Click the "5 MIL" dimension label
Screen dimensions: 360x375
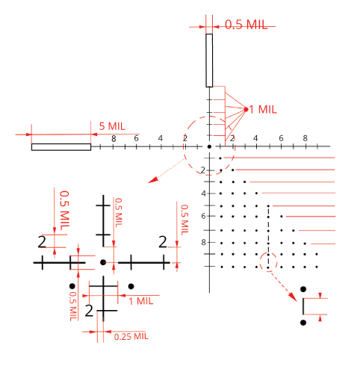click(112, 126)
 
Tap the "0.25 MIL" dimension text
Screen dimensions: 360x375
click(131, 337)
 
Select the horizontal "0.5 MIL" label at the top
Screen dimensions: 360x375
click(246, 25)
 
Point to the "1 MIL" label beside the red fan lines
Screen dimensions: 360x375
click(263, 109)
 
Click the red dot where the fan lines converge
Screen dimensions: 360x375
click(246, 109)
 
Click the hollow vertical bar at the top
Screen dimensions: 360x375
click(209, 61)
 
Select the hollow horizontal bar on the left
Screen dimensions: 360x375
click(61, 147)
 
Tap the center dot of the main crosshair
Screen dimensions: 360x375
click(209, 146)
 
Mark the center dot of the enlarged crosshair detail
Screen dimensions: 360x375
click(103, 262)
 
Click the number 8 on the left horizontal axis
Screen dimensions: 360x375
click(114, 139)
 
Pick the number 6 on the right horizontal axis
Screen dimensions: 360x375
click(281, 138)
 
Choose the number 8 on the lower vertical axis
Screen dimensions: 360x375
click(203, 242)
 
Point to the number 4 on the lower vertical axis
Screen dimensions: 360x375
click(204, 193)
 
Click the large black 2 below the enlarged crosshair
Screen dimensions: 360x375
click(89, 311)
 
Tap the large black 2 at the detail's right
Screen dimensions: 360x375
click(163, 242)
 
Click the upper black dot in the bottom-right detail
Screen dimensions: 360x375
click(303, 289)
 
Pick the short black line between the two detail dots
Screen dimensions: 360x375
click(303, 306)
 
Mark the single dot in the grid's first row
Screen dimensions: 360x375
click(220, 158)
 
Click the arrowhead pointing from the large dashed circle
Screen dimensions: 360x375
click(153, 180)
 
